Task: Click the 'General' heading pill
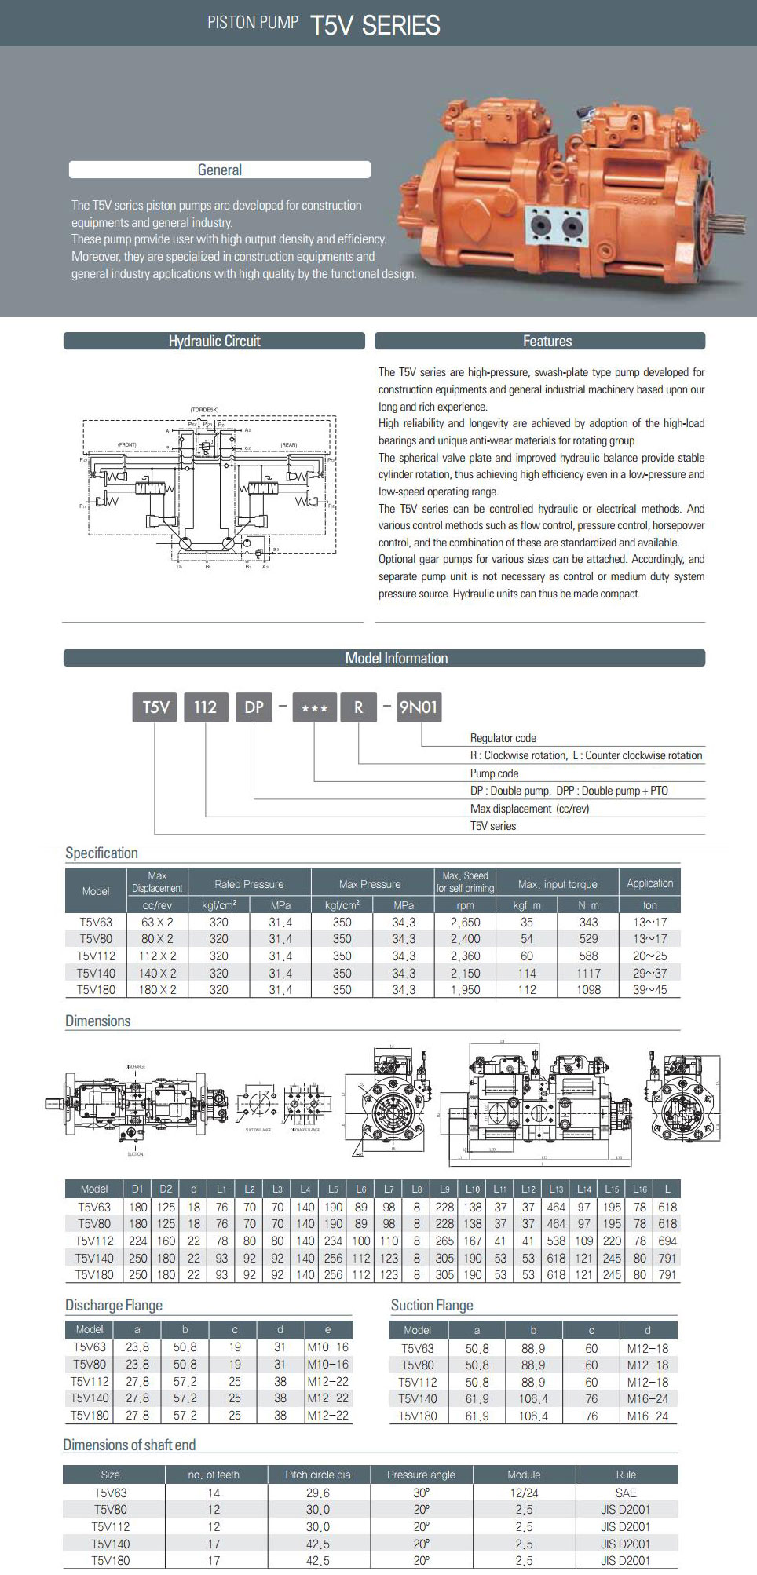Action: (x=219, y=170)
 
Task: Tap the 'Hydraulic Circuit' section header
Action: (x=214, y=341)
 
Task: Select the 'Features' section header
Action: (x=547, y=341)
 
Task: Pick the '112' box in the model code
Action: (x=205, y=707)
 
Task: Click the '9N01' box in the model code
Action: (x=418, y=707)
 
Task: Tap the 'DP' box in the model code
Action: (x=254, y=707)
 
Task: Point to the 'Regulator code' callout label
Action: (x=503, y=738)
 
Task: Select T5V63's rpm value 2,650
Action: (x=465, y=922)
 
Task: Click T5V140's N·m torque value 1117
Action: (x=588, y=973)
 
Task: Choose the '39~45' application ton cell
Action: (x=649, y=990)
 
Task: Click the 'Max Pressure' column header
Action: (x=370, y=884)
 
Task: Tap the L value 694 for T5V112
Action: (x=667, y=1241)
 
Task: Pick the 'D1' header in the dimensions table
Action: (x=137, y=1189)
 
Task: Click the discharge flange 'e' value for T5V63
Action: (x=327, y=1347)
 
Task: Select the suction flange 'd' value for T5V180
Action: (x=647, y=1416)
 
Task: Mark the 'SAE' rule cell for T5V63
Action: (x=626, y=1493)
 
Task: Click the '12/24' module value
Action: (x=524, y=1493)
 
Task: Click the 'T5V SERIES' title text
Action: (x=375, y=25)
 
